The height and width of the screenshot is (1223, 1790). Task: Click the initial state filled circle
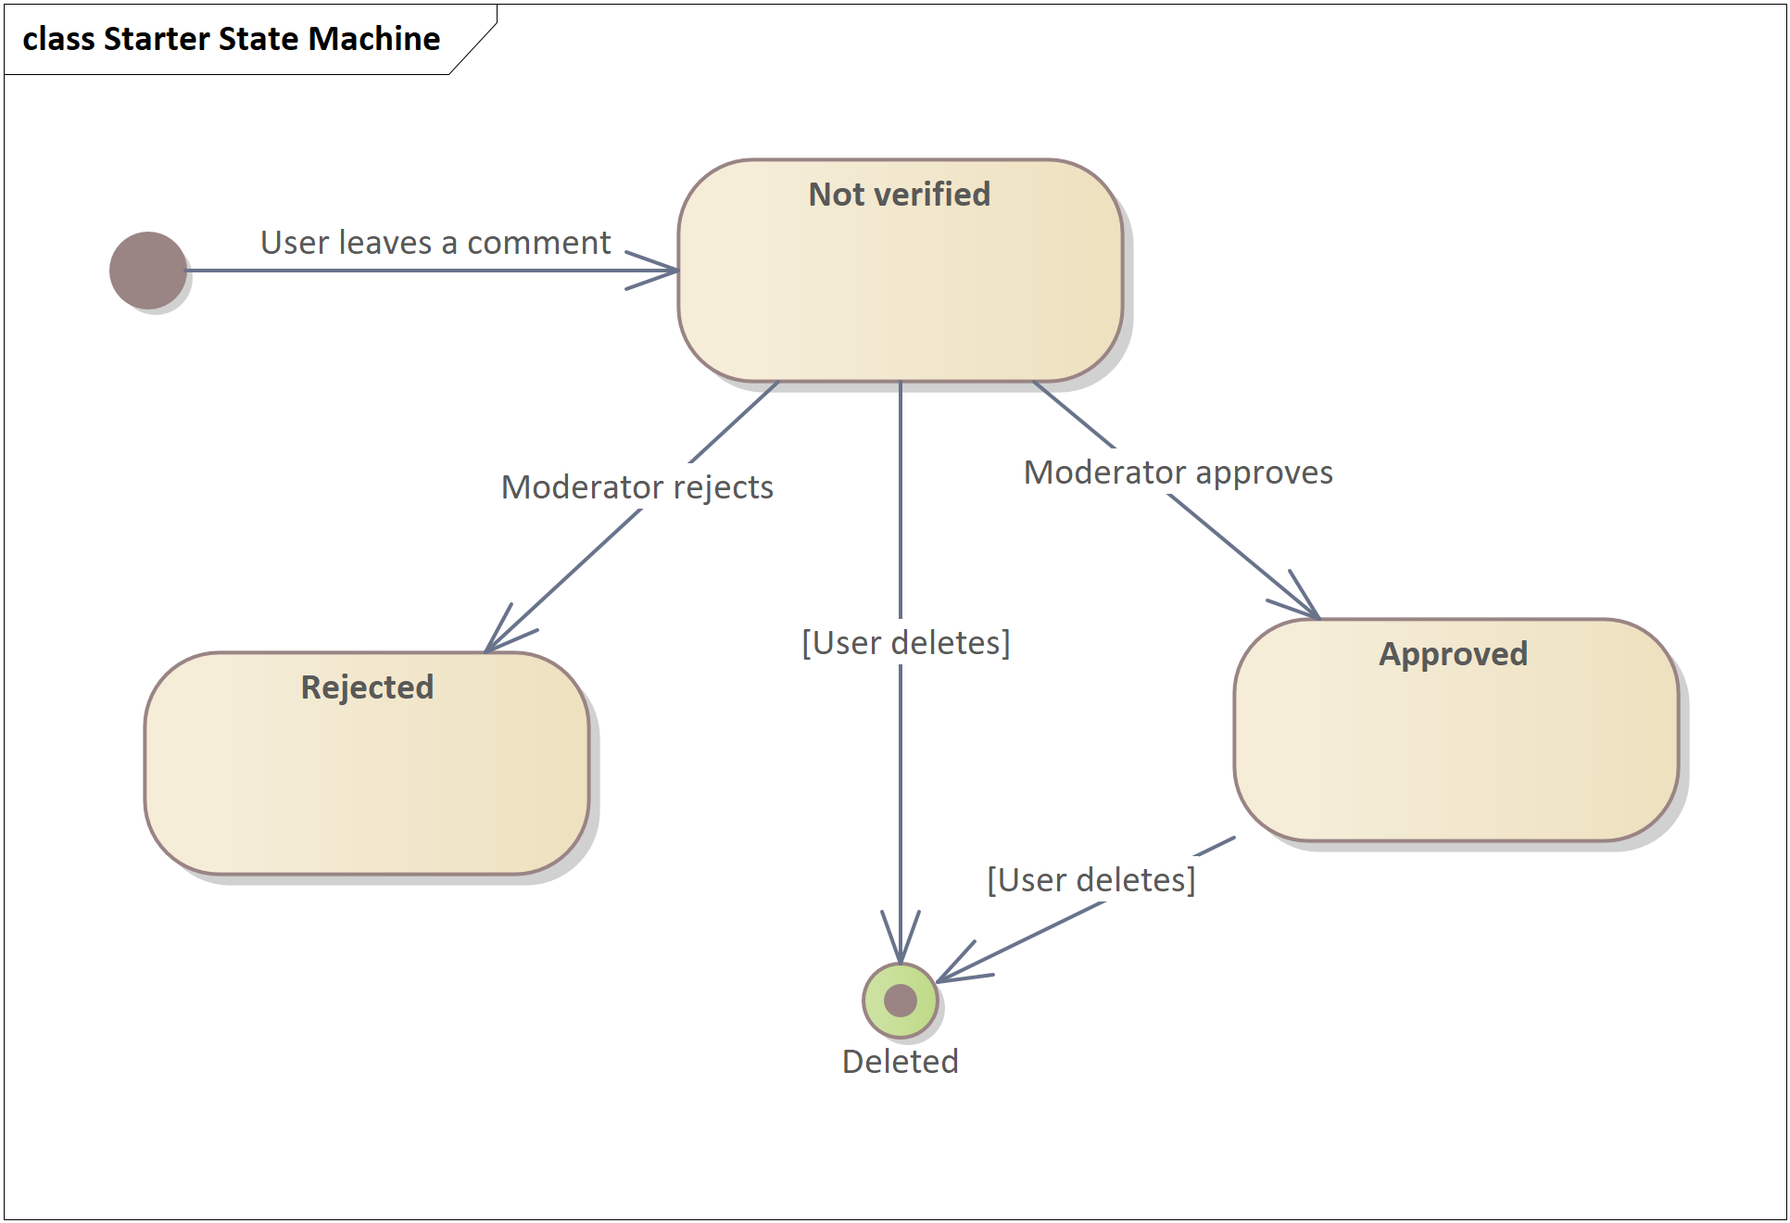pyautogui.click(x=148, y=271)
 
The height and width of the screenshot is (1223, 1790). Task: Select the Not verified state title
pyautogui.click(x=899, y=195)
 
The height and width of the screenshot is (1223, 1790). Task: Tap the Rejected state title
pyautogui.click(x=367, y=687)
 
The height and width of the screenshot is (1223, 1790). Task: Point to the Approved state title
pyautogui.click(x=1453, y=654)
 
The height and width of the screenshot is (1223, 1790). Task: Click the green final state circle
pyautogui.click(x=900, y=1001)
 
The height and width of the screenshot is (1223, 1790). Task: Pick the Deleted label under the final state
pyautogui.click(x=900, y=1062)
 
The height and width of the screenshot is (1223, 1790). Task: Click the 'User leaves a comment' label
pyautogui.click(x=435, y=243)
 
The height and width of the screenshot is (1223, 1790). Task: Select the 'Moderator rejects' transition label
pyautogui.click(x=637, y=487)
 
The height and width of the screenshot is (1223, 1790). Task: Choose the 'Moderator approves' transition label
pyautogui.click(x=1178, y=473)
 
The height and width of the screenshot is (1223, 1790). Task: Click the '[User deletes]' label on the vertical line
pyautogui.click(x=905, y=643)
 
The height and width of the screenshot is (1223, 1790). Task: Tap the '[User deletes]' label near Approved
pyautogui.click(x=1090, y=880)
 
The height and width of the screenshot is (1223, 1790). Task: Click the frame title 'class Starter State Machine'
pyautogui.click(x=232, y=39)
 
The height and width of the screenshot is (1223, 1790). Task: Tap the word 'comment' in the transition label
pyautogui.click(x=538, y=243)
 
